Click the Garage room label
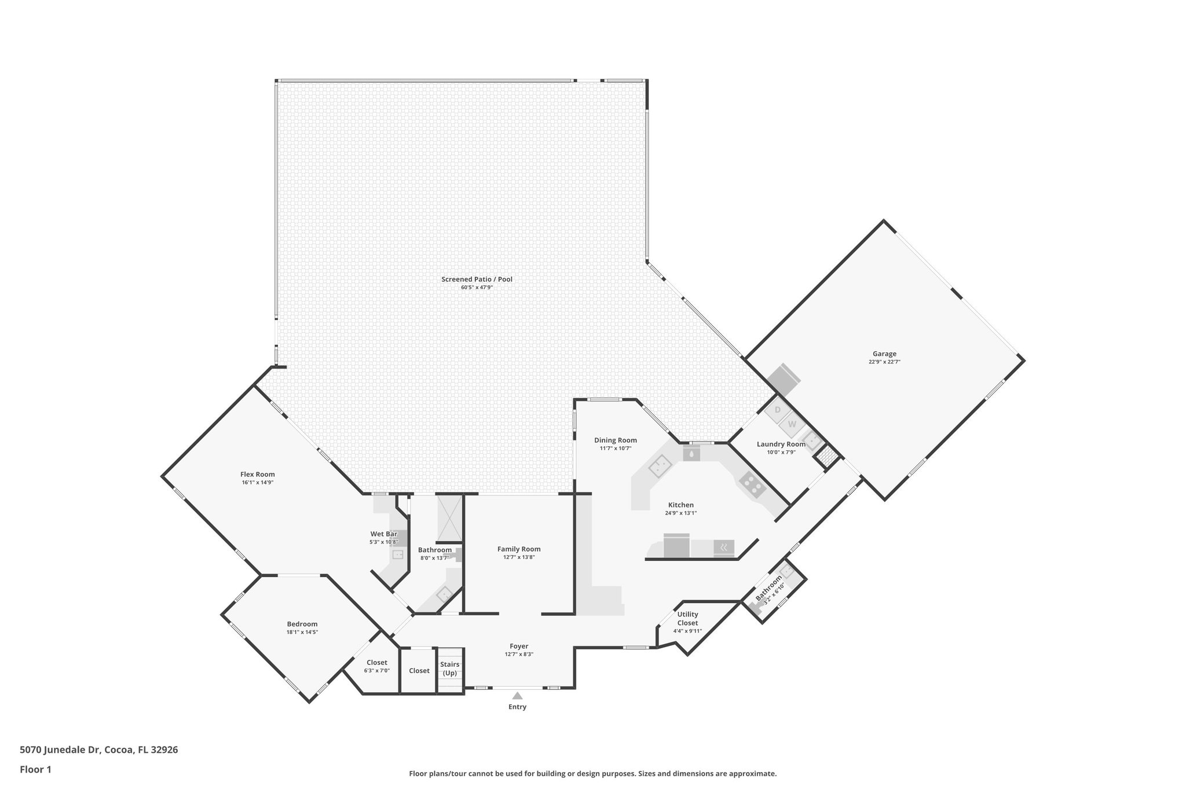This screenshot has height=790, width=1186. pyautogui.click(x=884, y=354)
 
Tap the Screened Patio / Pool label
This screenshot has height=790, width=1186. pyautogui.click(x=477, y=279)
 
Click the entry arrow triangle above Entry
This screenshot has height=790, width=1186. pyautogui.click(x=517, y=696)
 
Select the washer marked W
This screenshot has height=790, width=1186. pyautogui.click(x=792, y=424)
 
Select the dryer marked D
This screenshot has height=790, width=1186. pyautogui.click(x=778, y=410)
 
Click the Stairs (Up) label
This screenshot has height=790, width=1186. pyautogui.click(x=449, y=668)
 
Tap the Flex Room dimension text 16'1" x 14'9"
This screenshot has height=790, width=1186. pyautogui.click(x=258, y=482)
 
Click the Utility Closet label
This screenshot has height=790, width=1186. pyautogui.click(x=687, y=618)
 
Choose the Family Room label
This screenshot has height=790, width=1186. pyautogui.click(x=519, y=549)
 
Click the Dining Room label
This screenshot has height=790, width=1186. pyautogui.click(x=615, y=440)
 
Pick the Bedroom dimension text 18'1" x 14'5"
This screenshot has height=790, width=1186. pyautogui.click(x=302, y=632)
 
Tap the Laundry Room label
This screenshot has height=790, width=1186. pyautogui.click(x=781, y=444)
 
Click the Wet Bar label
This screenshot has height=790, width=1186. pyautogui.click(x=383, y=534)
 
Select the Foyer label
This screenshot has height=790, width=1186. pyautogui.click(x=519, y=646)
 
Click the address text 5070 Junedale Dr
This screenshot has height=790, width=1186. pyautogui.click(x=61, y=749)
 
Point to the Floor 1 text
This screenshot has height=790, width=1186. pyautogui.click(x=35, y=769)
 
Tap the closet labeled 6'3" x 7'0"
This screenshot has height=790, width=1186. pyautogui.click(x=376, y=670)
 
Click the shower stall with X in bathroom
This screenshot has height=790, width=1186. pyautogui.click(x=449, y=516)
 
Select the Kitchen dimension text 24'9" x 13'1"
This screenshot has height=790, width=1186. pyautogui.click(x=680, y=513)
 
